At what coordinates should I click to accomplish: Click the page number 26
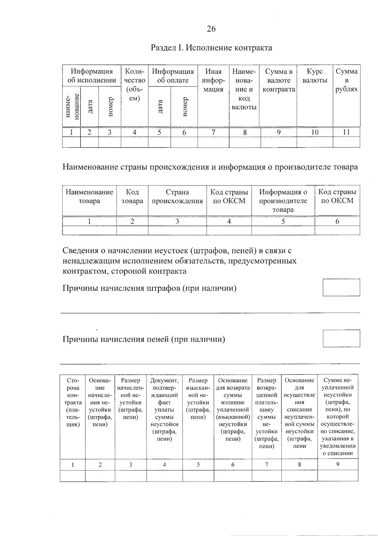211,29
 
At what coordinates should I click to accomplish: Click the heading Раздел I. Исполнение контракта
211,48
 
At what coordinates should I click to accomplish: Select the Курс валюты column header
315,76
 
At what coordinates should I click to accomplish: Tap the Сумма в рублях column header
346,80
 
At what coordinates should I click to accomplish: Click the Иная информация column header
213,80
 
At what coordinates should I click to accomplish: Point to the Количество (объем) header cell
135,84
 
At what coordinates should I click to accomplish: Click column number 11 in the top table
346,133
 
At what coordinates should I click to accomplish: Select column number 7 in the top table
213,133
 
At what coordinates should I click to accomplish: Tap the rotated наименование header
72,106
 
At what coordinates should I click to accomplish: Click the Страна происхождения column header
177,197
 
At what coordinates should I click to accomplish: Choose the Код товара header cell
132,197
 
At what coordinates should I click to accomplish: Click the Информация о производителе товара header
283,201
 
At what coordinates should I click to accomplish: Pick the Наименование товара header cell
89,197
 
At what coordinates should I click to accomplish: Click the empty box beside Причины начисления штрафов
341,287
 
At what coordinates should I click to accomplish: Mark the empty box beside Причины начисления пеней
341,338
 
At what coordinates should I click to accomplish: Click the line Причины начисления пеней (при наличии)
144,339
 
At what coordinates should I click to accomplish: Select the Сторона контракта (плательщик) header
73,402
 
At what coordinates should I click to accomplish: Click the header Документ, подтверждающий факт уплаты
164,409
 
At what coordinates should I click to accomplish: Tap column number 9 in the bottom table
338,464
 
